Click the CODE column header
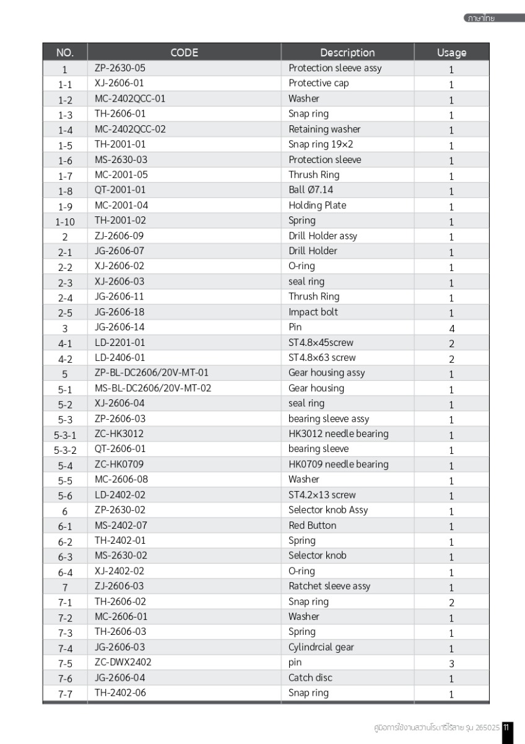coord(184,53)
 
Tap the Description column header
coord(347,53)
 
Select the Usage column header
coord(451,53)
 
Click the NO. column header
coord(65,53)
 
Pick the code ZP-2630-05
coord(120,68)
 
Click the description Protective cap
coord(319,83)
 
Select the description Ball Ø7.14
coord(315,190)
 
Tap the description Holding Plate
coord(318,205)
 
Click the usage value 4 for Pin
coord(451,328)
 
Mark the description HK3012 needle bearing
coord(339,434)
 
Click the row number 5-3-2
coord(65,450)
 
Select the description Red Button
coord(313,525)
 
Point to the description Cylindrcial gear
coord(321,647)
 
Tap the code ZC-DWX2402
coord(123,662)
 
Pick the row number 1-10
coord(65,221)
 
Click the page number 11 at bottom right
coord(506,727)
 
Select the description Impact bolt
coord(313,312)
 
